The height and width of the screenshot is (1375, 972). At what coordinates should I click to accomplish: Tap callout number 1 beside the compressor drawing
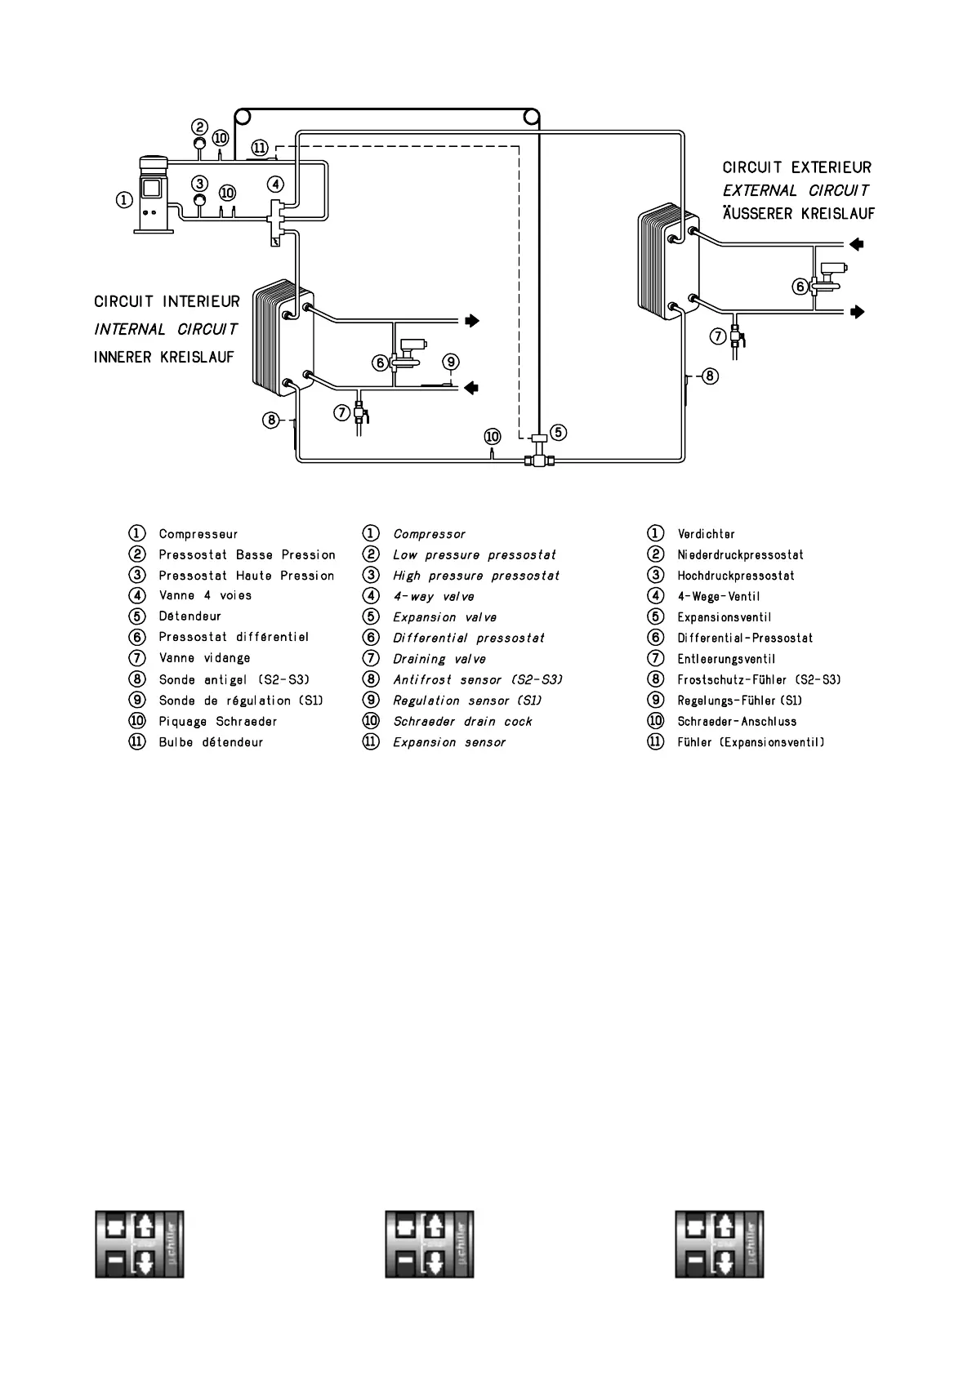pos(123,199)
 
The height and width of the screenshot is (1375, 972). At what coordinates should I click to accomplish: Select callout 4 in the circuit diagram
pos(277,184)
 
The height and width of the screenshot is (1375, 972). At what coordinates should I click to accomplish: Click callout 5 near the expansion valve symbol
pos(558,432)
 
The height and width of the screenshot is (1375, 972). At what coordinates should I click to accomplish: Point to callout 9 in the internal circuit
pos(450,362)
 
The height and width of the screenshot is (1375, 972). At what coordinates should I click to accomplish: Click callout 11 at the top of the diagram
pos(259,148)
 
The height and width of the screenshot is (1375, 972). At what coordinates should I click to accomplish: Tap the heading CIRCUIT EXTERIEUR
pos(796,167)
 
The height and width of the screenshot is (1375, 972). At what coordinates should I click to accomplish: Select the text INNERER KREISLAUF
pos(164,358)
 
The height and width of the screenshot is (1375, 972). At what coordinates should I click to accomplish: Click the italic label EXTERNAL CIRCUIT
pos(795,190)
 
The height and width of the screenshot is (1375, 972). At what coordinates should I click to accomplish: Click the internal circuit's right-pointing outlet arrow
pos(471,321)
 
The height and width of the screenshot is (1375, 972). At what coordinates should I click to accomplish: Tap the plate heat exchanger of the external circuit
pos(667,261)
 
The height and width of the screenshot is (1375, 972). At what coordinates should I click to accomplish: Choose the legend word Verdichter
pos(706,534)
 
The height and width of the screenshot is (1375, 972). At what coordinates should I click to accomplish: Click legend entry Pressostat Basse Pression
pos(247,555)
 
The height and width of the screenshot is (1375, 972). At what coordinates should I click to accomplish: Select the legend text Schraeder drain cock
pos(462,722)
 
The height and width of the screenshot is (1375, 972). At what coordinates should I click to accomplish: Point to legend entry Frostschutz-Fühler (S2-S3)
pos(759,679)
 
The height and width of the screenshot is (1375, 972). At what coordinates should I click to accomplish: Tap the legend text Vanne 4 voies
pos(205,596)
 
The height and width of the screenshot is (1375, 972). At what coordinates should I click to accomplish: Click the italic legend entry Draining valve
pos(439,659)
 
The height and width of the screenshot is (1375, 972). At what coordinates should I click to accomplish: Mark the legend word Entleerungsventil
pos(726,659)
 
